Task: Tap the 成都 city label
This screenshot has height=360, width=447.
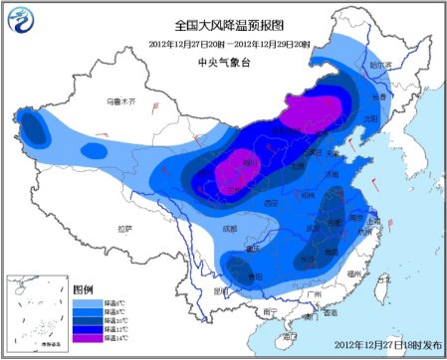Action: (x=231, y=228)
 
